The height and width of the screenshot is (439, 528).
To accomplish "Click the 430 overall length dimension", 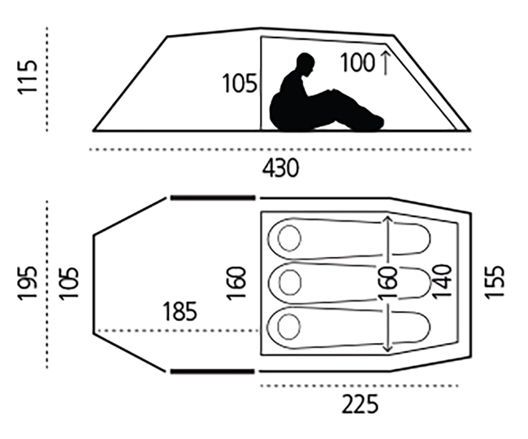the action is (280, 168).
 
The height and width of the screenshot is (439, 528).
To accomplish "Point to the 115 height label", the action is (27, 77).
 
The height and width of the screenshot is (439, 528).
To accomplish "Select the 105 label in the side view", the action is (240, 83).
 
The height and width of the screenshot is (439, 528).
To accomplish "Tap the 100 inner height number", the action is (357, 63).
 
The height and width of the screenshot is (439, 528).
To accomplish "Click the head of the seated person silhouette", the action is (305, 64).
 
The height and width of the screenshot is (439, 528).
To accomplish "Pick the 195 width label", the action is (27, 283).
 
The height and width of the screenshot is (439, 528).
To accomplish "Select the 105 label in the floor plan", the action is (68, 283).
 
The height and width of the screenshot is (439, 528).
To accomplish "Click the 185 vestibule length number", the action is (180, 311).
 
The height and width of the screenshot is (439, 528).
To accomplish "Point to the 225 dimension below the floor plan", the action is (360, 404).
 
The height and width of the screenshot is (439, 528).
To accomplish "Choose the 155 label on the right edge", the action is (495, 281).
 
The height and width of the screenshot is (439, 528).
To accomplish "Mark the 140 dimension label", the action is (441, 281).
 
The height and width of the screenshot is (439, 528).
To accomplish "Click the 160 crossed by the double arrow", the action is (388, 283).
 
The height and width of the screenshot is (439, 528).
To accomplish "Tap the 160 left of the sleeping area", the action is (236, 283).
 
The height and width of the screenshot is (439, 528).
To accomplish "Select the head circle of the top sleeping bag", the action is (289, 238).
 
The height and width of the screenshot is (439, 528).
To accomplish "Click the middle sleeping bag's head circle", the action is (290, 283).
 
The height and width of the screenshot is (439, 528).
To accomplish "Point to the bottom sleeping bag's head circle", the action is (289, 327).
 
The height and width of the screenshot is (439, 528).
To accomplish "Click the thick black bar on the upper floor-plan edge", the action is (213, 198).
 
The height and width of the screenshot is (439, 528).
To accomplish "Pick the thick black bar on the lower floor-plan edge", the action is (213, 372).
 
